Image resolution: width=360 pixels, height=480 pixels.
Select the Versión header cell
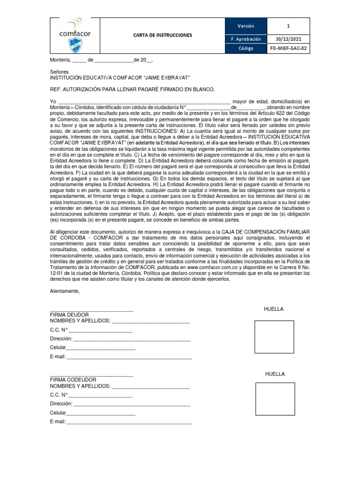point(246,26)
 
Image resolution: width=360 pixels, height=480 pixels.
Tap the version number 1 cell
point(288,26)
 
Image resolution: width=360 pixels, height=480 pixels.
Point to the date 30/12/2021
point(288,39)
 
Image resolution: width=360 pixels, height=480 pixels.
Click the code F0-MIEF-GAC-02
point(288,48)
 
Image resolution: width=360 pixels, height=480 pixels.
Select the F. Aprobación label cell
point(246,39)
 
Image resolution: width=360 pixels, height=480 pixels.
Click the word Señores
point(59,72)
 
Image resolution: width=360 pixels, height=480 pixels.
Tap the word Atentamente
point(65,291)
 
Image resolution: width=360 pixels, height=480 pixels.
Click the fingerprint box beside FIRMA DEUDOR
point(274,337)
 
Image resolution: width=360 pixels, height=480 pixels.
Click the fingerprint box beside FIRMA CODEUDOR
point(275,399)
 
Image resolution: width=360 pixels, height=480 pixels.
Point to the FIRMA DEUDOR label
point(69,315)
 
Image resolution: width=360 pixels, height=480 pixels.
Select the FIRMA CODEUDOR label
point(73,379)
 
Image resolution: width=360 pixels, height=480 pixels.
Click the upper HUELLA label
point(274,309)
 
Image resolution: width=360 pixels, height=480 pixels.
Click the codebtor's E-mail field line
point(129,422)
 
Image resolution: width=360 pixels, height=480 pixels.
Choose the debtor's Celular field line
point(100,348)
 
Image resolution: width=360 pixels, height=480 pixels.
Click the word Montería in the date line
point(60,60)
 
